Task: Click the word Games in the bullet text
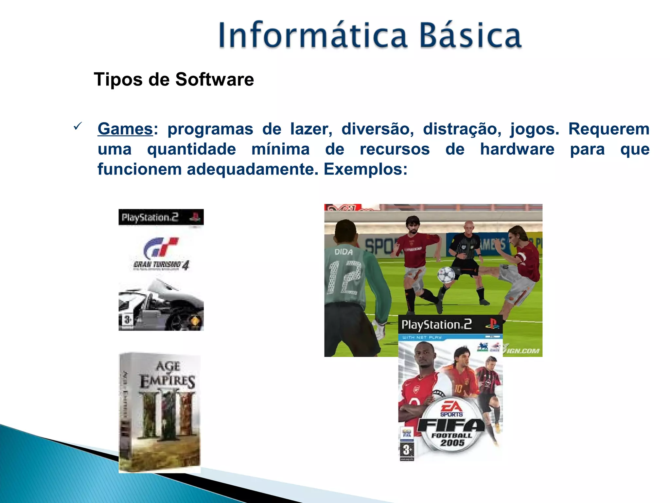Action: [x=125, y=129]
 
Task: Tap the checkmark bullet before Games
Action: [x=78, y=126]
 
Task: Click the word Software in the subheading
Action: [x=214, y=80]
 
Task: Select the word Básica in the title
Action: [x=470, y=35]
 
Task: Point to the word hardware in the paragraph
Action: [x=517, y=149]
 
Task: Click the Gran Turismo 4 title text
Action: [x=161, y=265]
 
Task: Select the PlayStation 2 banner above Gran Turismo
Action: [x=161, y=217]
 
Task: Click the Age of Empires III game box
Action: [x=160, y=413]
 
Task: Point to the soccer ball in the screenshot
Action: [x=446, y=274]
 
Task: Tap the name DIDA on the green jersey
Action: [x=344, y=252]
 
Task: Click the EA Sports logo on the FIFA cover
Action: [x=451, y=408]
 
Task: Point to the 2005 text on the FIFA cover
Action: [x=452, y=443]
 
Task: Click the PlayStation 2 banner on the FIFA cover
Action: [x=450, y=325]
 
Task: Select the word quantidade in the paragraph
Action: [x=191, y=149]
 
